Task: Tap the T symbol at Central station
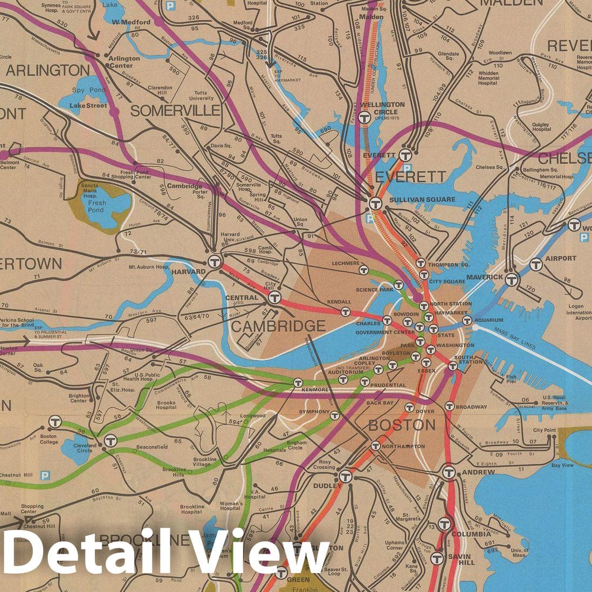coord(275,297)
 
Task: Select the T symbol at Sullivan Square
coord(376,203)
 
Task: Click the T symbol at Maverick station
coord(512,279)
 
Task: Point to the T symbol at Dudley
coord(346,477)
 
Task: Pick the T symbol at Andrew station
coord(449,472)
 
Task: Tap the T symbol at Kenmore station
coord(298,382)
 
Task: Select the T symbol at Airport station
coord(535,264)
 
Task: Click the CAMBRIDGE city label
coord(279,326)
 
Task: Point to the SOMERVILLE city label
coord(176,111)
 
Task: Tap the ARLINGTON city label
coord(48,70)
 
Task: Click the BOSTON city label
coord(402,425)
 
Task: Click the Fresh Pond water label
coord(98,206)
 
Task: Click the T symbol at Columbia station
coord(443,524)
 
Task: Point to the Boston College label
coord(48,439)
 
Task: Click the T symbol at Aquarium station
coord(467,320)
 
